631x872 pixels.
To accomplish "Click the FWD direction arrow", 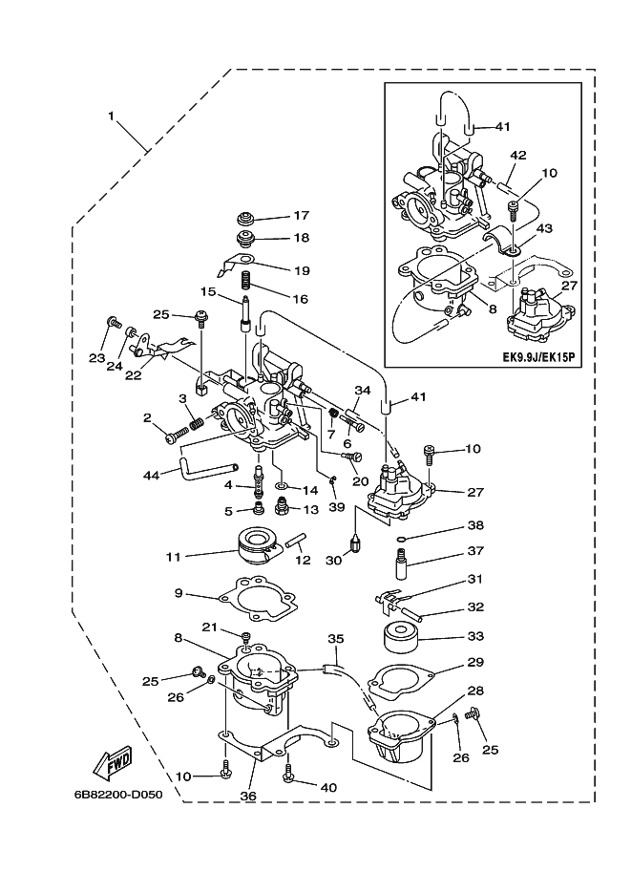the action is [113, 761].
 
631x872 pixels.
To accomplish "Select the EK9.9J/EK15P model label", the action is [537, 356].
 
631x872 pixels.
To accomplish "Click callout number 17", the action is [302, 215].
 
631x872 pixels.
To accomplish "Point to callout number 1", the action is [111, 116].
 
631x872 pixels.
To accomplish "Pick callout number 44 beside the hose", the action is [151, 475].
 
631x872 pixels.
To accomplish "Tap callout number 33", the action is [475, 636].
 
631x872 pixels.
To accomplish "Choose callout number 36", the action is [248, 797].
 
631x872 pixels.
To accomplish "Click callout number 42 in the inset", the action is [517, 155].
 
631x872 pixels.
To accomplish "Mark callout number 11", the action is [174, 556].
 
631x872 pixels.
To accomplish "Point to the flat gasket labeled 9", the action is [258, 599].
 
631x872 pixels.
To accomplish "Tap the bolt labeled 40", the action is [289, 772].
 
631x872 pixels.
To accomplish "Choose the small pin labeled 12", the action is [296, 540].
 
